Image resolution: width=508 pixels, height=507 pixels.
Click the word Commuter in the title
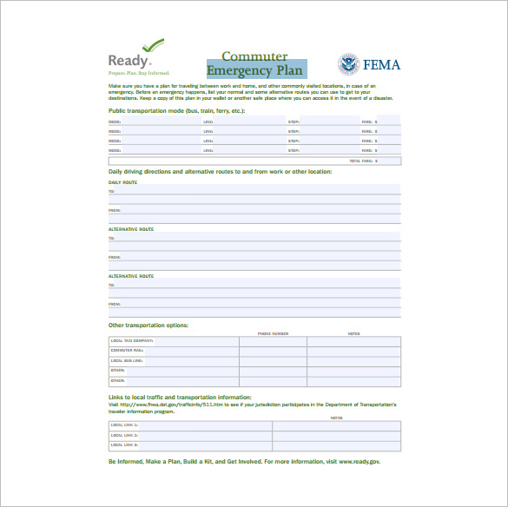pyautogui.click(x=254, y=56)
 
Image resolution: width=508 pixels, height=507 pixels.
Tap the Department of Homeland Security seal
pyautogui.click(x=348, y=64)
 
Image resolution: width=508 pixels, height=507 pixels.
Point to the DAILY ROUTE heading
pyautogui.click(x=122, y=182)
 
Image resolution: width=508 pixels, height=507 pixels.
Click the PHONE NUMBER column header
pyautogui.click(x=273, y=333)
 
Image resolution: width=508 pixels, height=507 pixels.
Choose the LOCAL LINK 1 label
pyautogui.click(x=124, y=425)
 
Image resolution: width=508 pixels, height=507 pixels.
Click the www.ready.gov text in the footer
pyautogui.click(x=359, y=461)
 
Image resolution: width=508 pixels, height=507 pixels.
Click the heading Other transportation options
pyautogui.click(x=148, y=325)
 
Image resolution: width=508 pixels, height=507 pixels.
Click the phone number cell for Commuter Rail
pyautogui.click(x=273, y=351)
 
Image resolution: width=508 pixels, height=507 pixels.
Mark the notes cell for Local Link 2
pyautogui.click(x=336, y=436)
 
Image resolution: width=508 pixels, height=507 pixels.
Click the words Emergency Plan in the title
pyautogui.click(x=255, y=70)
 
